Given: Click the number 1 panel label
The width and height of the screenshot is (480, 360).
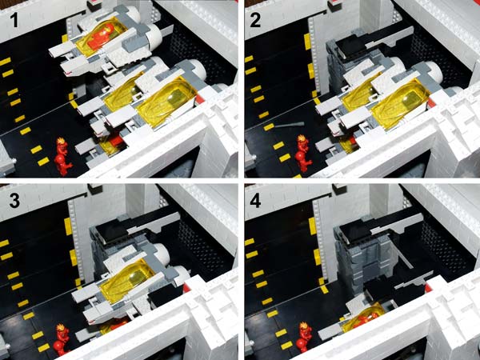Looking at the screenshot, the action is click(x=14, y=20).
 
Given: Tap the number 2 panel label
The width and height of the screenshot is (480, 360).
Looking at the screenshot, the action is click(x=255, y=20).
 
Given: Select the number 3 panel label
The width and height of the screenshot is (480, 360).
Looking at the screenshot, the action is click(x=14, y=201).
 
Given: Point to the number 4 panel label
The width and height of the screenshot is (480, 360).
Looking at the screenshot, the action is click(x=255, y=201).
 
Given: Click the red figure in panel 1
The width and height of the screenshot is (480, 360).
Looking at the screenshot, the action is click(x=62, y=157).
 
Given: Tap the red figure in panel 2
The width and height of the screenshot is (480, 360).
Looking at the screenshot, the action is click(x=303, y=154).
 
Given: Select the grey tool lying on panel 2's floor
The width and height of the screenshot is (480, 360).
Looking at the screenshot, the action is click(x=290, y=125).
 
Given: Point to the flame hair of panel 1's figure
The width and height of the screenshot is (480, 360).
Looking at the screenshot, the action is click(x=62, y=142).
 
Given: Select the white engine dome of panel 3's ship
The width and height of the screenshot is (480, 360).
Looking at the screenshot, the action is click(x=159, y=254).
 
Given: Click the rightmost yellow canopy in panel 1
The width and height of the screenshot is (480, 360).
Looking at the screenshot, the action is click(x=164, y=102).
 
